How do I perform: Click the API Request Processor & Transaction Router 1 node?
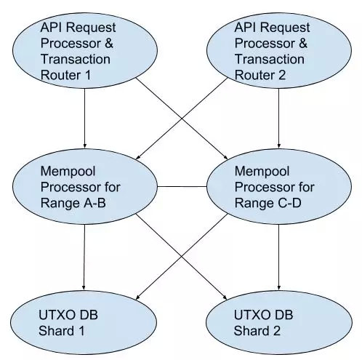click(x=85, y=51)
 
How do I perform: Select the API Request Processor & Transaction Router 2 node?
click(x=279, y=51)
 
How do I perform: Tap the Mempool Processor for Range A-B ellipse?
click(x=85, y=187)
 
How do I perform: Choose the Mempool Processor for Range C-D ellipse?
click(x=279, y=187)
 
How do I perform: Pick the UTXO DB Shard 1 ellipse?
click(x=84, y=323)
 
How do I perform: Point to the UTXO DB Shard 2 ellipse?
click(x=279, y=323)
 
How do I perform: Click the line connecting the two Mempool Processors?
click(x=182, y=187)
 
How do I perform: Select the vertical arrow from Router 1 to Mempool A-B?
click(x=85, y=119)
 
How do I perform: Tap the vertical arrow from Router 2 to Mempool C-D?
click(x=279, y=119)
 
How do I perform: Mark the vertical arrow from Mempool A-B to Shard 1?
click(x=84, y=257)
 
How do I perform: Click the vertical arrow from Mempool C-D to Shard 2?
click(x=279, y=257)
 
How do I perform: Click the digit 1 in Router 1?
click(x=88, y=75)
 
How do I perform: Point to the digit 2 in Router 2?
click(x=282, y=75)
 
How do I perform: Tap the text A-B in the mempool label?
click(x=94, y=203)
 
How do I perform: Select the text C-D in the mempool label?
click(x=289, y=203)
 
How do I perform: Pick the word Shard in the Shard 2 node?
click(x=251, y=331)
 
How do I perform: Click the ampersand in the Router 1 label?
click(x=109, y=44)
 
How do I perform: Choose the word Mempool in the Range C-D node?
click(x=262, y=172)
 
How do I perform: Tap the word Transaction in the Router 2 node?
click(x=270, y=59)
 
